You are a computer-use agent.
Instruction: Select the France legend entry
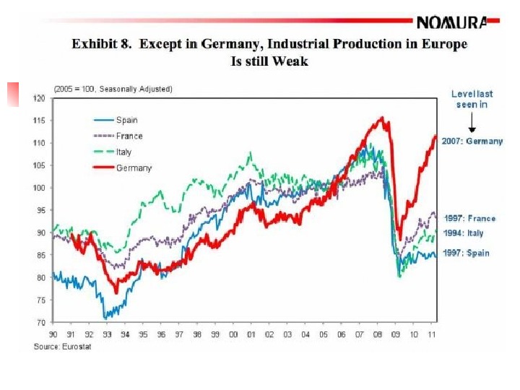[129, 136]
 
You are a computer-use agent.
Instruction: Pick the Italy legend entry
[124, 152]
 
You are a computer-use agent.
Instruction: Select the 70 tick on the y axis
[40, 322]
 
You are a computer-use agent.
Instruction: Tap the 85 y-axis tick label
[40, 255]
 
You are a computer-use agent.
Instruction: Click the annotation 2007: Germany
[474, 142]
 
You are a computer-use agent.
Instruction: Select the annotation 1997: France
[469, 218]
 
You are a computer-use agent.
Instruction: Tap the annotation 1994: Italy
[464, 233]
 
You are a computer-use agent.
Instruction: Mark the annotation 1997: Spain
[466, 253]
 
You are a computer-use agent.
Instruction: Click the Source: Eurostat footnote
[64, 347]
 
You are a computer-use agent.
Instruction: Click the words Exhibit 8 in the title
[101, 44]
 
